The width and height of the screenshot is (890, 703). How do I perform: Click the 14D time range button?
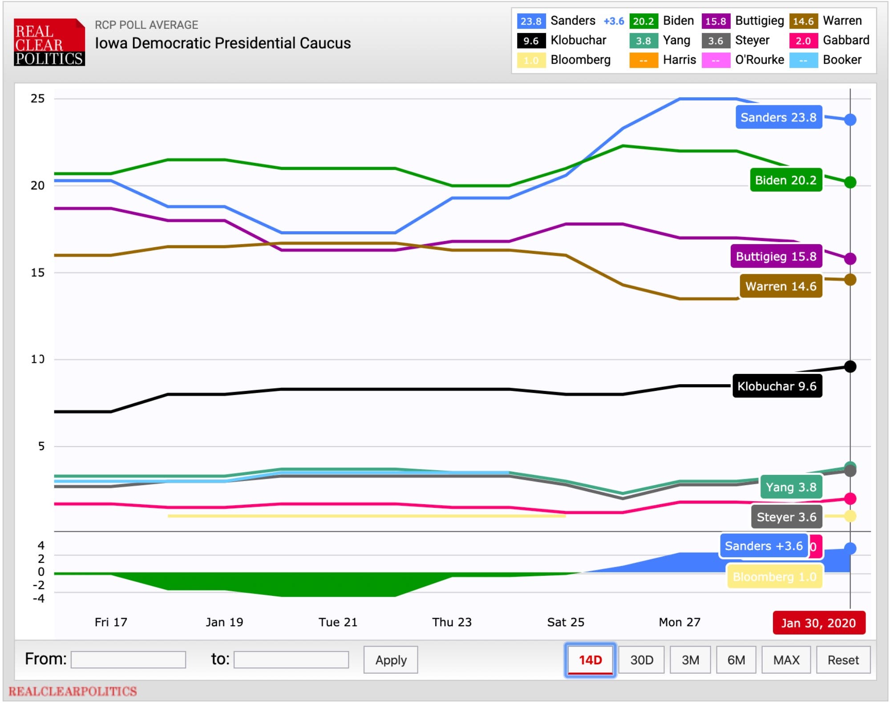pyautogui.click(x=590, y=660)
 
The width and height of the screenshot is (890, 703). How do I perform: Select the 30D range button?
pyautogui.click(x=641, y=660)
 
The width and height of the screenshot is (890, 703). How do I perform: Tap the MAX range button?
pyautogui.click(x=786, y=660)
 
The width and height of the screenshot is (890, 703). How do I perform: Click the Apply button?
pyautogui.click(x=391, y=660)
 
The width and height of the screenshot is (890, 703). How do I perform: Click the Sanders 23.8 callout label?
pyautogui.click(x=778, y=117)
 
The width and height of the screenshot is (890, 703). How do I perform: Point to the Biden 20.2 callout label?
pyautogui.click(x=785, y=180)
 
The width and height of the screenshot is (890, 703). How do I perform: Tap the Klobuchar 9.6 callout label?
pyautogui.click(x=777, y=386)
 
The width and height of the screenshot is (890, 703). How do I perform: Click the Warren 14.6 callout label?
pyautogui.click(x=781, y=286)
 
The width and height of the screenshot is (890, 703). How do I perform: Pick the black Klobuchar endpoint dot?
pyautogui.click(x=850, y=366)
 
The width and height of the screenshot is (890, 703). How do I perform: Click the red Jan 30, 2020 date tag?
pyautogui.click(x=818, y=623)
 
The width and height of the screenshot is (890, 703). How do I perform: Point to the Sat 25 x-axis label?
pyautogui.click(x=566, y=622)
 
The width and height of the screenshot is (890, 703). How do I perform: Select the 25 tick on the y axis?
pyautogui.click(x=38, y=99)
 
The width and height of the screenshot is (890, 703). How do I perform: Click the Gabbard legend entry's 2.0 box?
pyautogui.click(x=803, y=41)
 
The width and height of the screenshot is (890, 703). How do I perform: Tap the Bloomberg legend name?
pyautogui.click(x=580, y=60)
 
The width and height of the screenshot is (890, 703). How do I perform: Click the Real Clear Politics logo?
pyautogui.click(x=49, y=43)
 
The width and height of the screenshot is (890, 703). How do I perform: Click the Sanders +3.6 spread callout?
pyautogui.click(x=763, y=546)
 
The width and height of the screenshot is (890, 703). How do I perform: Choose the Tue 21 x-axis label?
pyautogui.click(x=338, y=622)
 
